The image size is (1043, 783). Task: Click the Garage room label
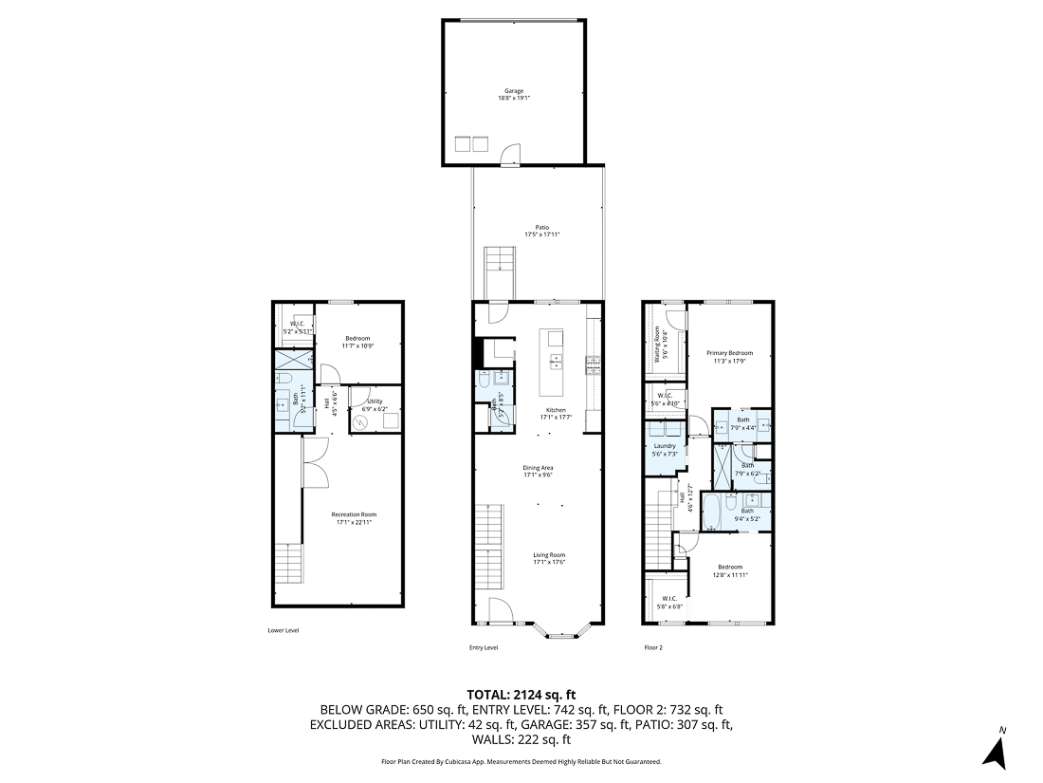pos(512,91)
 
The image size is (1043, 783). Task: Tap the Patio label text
pos(541,228)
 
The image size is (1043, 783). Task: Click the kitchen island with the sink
pos(551,363)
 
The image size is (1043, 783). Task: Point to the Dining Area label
pos(538,468)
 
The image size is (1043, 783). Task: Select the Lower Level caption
pos(284,629)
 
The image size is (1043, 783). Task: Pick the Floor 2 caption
pos(653,647)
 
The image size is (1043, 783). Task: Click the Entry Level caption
pos(484,647)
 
